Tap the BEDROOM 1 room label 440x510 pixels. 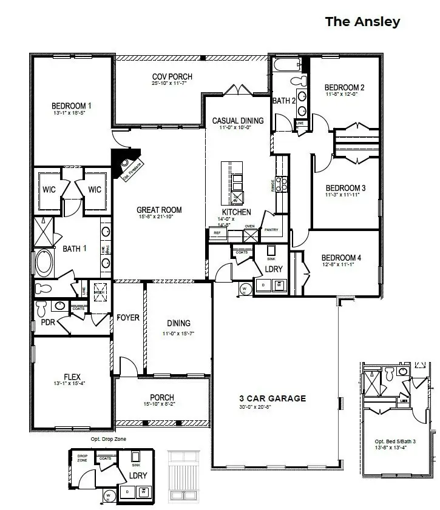click(72, 105)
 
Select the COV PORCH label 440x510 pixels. click(172, 76)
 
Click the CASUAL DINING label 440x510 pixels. click(238, 121)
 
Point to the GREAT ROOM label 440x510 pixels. click(159, 210)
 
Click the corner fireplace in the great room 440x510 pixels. click(126, 163)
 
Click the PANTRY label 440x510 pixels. click(271, 230)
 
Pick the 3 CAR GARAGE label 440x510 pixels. click(272, 398)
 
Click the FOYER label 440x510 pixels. click(128, 318)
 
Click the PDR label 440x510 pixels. click(47, 323)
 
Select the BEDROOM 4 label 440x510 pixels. click(341, 258)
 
